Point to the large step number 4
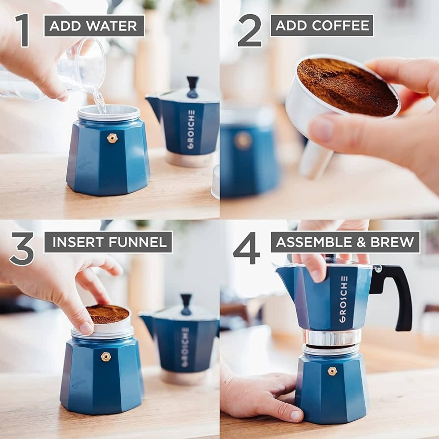pyautogui.click(x=246, y=248)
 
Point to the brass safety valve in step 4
pyautogui.click(x=331, y=371)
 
